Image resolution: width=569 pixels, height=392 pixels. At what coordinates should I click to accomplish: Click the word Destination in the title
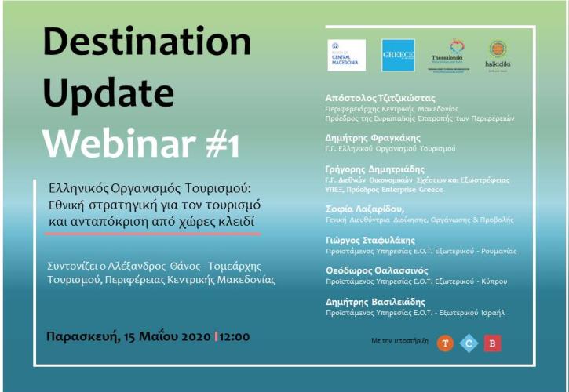tap(147, 42)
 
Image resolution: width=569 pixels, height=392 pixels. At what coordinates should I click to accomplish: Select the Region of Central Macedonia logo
tap(346, 55)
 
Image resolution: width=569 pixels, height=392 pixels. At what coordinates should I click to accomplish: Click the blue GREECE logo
tap(398, 55)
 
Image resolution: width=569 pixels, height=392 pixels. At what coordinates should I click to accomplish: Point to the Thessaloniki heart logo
tap(455, 53)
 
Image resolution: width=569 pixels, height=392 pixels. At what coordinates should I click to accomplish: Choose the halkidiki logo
tap(498, 54)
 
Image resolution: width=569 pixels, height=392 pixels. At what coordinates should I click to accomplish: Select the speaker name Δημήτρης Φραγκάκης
tap(369, 136)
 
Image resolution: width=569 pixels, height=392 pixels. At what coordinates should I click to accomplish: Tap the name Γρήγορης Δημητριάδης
tap(374, 169)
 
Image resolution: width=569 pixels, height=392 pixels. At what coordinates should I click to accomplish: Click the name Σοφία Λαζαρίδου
tap(365, 209)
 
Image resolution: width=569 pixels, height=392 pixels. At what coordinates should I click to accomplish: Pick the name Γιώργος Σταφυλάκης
tap(370, 240)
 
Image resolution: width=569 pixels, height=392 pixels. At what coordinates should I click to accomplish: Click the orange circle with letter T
tap(445, 343)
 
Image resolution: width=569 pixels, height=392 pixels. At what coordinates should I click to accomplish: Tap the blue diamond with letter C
tap(469, 343)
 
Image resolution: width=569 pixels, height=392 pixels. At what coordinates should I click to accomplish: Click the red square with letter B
tap(492, 343)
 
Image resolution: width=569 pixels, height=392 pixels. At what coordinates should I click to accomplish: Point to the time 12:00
tap(234, 336)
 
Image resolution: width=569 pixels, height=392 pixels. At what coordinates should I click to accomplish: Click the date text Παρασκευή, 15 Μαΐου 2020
tap(128, 336)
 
